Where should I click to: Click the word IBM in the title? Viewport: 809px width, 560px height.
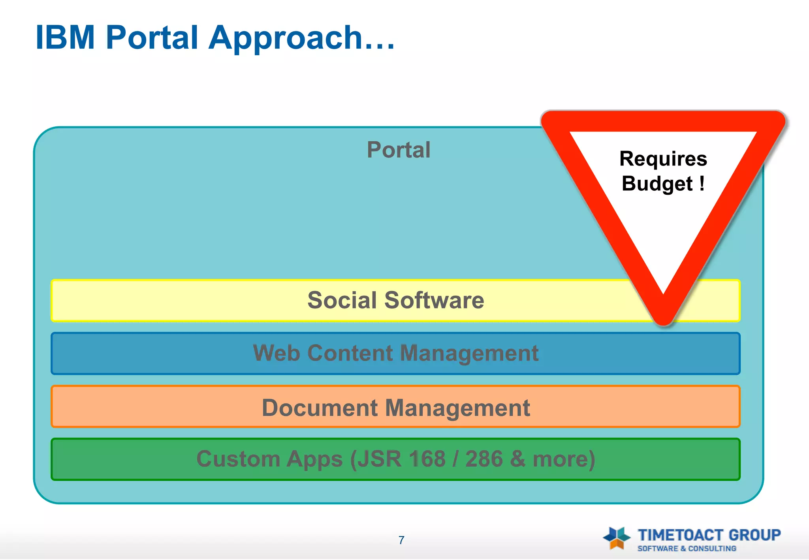coord(65,38)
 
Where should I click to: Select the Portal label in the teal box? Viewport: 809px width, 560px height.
coord(398,150)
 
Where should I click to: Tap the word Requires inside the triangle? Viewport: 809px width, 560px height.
coord(663,159)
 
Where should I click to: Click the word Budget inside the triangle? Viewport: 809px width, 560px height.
coord(657,184)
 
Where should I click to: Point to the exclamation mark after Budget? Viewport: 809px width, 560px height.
coord(702,183)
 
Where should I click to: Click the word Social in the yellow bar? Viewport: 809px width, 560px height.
coord(342,300)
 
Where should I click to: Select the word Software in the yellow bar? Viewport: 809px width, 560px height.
coord(434,300)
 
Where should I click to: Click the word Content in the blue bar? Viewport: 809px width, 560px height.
coord(350,353)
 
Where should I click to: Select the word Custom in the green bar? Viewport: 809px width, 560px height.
coord(238,459)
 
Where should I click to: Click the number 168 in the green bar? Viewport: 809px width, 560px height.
coord(427,459)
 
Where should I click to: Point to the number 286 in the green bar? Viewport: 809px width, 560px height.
coord(484,459)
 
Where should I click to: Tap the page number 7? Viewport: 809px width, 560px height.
coord(401,540)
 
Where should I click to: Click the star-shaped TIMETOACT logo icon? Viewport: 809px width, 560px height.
coord(617,538)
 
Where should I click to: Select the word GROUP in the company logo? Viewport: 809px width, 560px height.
coord(754,535)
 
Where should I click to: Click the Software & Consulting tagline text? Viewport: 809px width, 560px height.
coord(687,549)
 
